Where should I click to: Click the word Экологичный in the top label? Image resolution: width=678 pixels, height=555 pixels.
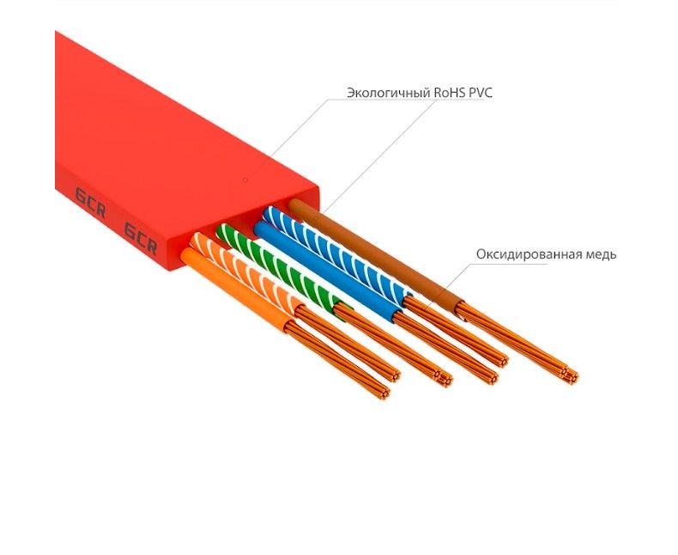pos(389,93)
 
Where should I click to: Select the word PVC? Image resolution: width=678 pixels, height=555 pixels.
pos(479,93)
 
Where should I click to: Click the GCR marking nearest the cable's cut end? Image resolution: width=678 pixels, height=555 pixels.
pos(141,238)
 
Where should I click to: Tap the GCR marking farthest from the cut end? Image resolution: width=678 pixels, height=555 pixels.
pos(90,203)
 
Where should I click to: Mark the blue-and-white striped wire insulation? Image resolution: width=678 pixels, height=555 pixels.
pos(337,253)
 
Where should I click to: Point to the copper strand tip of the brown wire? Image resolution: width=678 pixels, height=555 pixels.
pos(571,375)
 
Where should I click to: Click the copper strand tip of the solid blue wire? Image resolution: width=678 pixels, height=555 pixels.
pos(492,377)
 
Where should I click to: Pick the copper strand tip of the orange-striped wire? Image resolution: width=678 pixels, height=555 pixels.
pos(394,375)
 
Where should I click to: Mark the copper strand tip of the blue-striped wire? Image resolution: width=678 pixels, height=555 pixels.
pos(501,361)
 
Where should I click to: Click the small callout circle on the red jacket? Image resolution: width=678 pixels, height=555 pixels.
pos(245,180)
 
